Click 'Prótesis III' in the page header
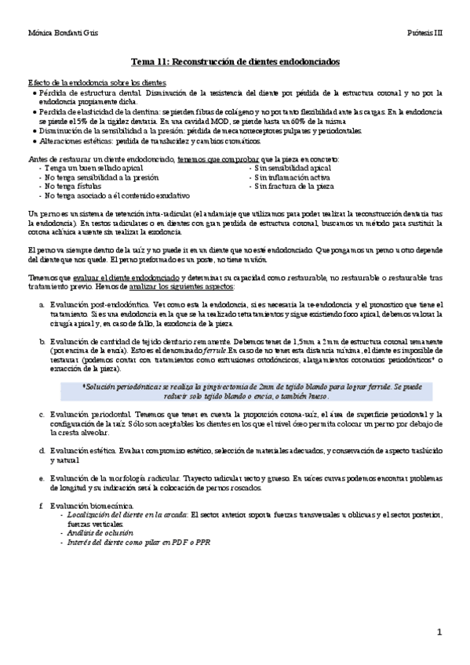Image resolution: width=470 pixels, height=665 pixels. point(425,34)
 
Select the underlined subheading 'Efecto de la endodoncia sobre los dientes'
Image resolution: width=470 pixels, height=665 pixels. point(97,82)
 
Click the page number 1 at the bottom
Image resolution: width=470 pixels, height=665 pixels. point(440,631)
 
